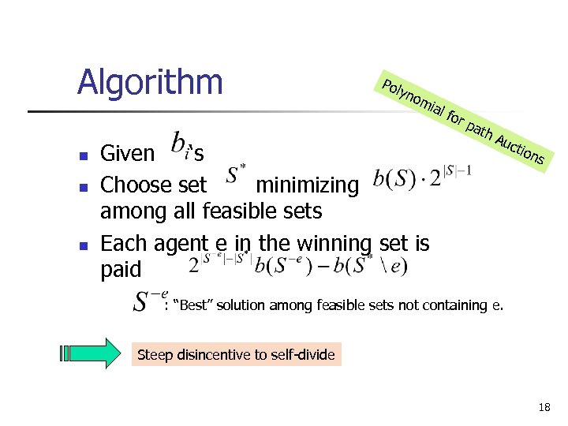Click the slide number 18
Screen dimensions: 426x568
pyautogui.click(x=544, y=408)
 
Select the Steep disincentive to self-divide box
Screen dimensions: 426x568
pyautogui.click(x=236, y=355)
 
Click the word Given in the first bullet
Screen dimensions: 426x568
pyautogui.click(x=128, y=152)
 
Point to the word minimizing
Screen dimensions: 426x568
pyautogui.click(x=307, y=185)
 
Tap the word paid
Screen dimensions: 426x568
pyautogui.click(x=121, y=270)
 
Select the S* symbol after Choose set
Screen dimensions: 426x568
pyautogui.click(x=236, y=178)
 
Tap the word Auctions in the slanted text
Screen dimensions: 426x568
pyautogui.click(x=520, y=148)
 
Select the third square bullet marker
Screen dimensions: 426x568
pyautogui.click(x=82, y=244)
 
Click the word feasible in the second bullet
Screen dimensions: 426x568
pyautogui.click(x=237, y=211)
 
